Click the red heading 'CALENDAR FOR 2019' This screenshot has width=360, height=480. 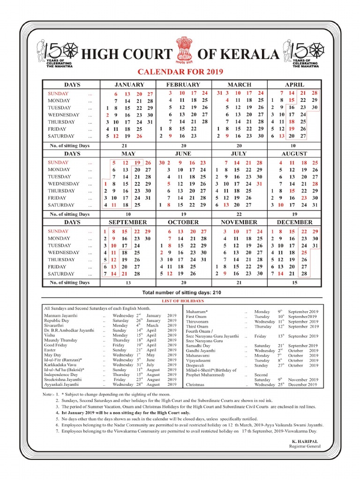(180, 72)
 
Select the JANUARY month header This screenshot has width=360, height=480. (129, 85)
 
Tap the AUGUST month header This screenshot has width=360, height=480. (294, 154)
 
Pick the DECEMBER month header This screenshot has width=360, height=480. (294, 222)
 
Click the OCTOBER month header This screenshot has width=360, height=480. (183, 222)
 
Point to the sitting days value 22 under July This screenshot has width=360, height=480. (239, 214)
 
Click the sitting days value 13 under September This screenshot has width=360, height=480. (128, 283)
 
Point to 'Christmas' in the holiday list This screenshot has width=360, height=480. (195, 385)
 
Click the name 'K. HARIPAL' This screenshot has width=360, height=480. (305, 442)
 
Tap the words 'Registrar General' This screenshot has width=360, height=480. (305, 447)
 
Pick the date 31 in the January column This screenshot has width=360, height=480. (150, 122)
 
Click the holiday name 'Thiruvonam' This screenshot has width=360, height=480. (198, 322)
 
